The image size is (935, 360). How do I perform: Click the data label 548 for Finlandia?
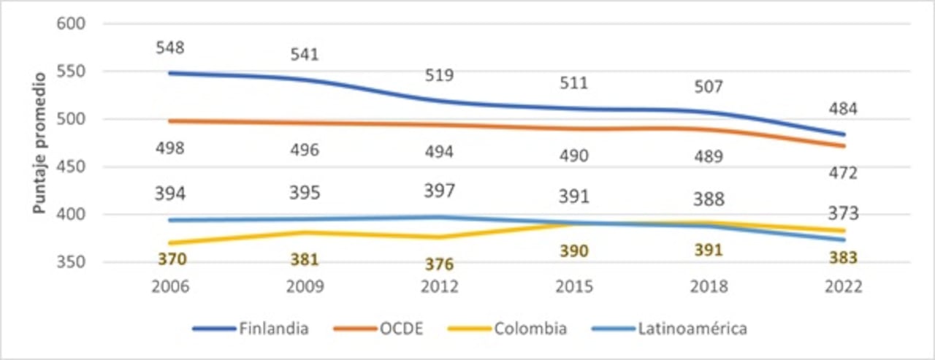coord(169,48)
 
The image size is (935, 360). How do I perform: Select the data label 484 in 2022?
coord(843,109)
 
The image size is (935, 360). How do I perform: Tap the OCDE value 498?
coord(169,148)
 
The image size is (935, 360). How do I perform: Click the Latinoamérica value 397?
coord(439,191)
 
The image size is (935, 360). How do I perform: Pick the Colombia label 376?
coord(439,264)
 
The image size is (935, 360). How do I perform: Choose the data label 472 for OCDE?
coord(843,173)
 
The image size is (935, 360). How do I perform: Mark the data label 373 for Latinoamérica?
coord(843,214)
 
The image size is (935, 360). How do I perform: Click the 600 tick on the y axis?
coord(71,23)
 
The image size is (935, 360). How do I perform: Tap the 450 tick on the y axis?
coord(71,166)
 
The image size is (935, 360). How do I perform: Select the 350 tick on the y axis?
coord(71,262)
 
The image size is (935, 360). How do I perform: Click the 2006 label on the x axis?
coord(169,287)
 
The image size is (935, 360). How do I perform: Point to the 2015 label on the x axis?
coord(573,287)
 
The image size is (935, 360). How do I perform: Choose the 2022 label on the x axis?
coord(843,287)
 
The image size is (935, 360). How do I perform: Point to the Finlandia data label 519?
coord(439,75)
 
